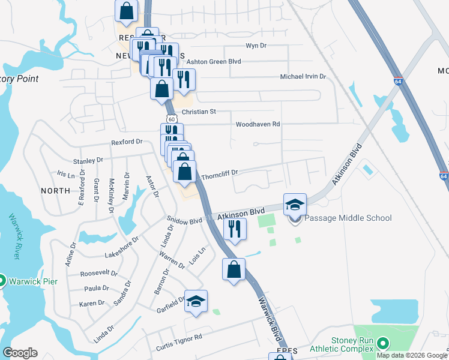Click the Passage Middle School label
pos(348,218)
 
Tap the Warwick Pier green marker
pos(1,280)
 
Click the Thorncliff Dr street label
pos(220,173)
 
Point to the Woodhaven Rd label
pos(258,124)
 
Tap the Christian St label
pos(198,112)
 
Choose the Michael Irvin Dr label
pos(303,77)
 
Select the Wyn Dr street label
pos(256,46)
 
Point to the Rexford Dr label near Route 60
pos(126,142)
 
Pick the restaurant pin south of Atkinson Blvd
pos(234,228)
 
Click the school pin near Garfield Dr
pos(196,301)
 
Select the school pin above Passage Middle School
pos(295,204)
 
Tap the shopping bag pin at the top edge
pos(127,10)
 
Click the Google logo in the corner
pos(20,353)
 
